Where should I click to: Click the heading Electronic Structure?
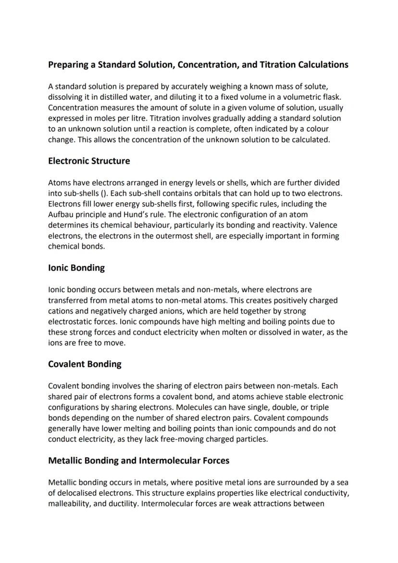(x=89, y=161)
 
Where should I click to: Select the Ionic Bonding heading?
(x=76, y=268)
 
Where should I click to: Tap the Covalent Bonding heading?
(x=85, y=364)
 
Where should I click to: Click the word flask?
(x=331, y=97)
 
